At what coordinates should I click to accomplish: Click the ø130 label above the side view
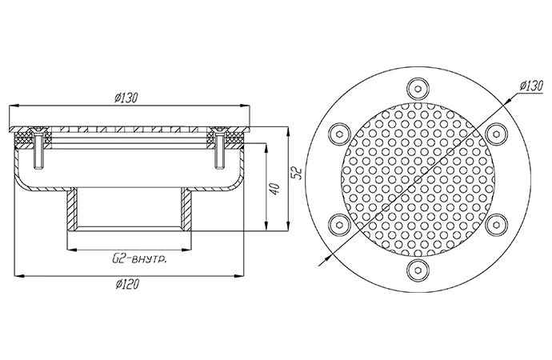point(126,97)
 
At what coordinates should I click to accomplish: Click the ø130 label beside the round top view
point(531,86)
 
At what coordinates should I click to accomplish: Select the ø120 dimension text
point(127,284)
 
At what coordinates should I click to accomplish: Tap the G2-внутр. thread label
point(139,260)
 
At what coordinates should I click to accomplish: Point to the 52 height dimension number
point(298,173)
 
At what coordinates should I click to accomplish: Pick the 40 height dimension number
point(275,189)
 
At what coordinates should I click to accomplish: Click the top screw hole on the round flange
point(418,88)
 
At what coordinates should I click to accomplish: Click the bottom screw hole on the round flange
point(418,270)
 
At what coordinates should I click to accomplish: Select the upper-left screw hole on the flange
point(339,134)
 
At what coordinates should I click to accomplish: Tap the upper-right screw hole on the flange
point(496,134)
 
